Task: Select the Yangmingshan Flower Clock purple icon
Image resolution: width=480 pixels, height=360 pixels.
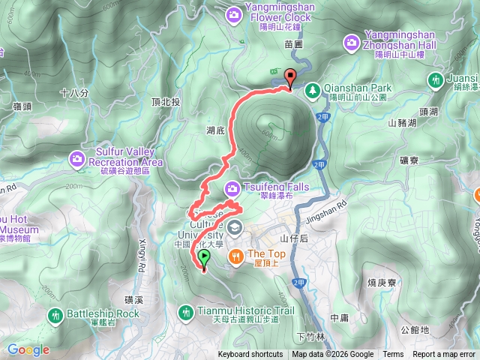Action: pyautogui.click(x=233, y=13)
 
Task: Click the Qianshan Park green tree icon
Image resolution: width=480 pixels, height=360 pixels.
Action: pyautogui.click(x=312, y=88)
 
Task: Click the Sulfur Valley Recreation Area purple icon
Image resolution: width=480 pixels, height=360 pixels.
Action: pyautogui.click(x=78, y=157)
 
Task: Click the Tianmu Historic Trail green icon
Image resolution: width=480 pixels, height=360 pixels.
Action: pyautogui.click(x=186, y=310)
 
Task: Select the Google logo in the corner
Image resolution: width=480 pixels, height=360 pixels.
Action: pyautogui.click(x=28, y=349)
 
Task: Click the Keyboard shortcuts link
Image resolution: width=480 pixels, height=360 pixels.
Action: pyautogui.click(x=250, y=355)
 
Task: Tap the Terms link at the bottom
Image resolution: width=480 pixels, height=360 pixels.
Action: pyautogui.click(x=393, y=355)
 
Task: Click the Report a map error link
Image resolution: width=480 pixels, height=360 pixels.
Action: pyautogui.click(x=444, y=355)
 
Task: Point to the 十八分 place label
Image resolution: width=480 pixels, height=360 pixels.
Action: pyautogui.click(x=74, y=94)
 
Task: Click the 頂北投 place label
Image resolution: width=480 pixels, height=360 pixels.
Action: pyautogui.click(x=165, y=102)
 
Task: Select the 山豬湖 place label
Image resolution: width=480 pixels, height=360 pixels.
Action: pyautogui.click(x=403, y=124)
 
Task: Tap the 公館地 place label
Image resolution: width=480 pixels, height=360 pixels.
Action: pyautogui.click(x=414, y=329)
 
